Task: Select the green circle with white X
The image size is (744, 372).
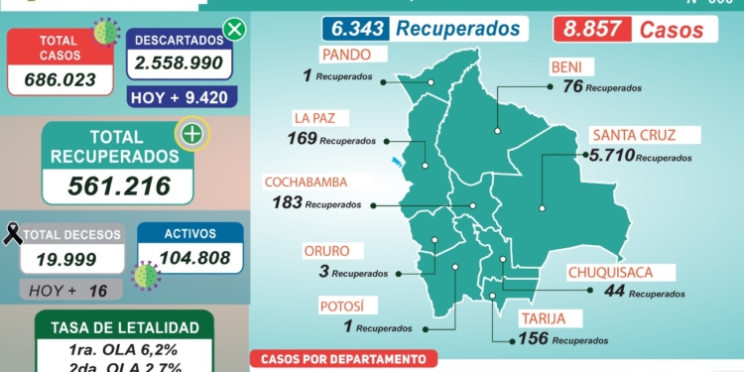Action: coord(235,29)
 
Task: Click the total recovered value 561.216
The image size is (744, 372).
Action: coord(119,185)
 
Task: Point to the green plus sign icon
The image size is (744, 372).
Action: coord(191,134)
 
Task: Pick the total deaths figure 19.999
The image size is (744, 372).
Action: coord(72,259)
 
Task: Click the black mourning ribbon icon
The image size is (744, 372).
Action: coord(13,234)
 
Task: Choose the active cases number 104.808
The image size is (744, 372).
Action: coord(189,257)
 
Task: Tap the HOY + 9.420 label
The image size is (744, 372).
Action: coord(180,96)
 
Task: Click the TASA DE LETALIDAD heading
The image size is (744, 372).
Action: coord(124,327)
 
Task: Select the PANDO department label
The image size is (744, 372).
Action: coord(346,54)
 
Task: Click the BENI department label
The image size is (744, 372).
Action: coord(570,68)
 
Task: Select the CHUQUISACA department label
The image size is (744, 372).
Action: coord(608,271)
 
